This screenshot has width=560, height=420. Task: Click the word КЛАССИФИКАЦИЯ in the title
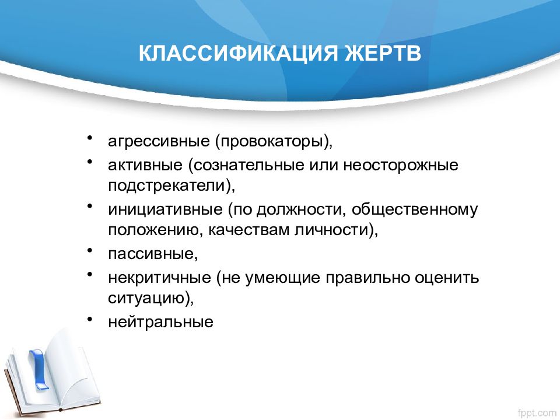click(238, 54)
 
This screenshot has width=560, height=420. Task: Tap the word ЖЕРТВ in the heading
click(383, 54)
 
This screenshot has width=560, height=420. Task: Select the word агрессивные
click(159, 141)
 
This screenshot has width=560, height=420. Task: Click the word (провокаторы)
click(274, 141)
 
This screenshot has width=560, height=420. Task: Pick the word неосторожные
click(401, 165)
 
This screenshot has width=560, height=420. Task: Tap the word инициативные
click(165, 209)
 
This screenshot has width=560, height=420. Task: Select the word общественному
click(415, 209)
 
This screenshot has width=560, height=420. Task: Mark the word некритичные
click(160, 278)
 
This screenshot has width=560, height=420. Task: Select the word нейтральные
click(161, 322)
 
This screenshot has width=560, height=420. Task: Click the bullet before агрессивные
click(90, 138)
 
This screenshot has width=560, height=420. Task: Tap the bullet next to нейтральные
click(90, 318)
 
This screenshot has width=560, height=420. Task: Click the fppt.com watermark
click(537, 413)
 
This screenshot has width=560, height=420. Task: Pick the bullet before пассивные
click(90, 250)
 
